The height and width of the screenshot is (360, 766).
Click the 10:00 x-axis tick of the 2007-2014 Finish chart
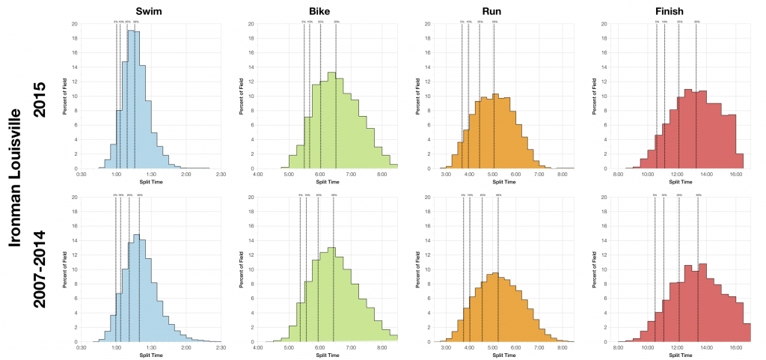[x=648, y=348]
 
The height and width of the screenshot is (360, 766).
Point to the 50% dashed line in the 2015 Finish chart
[x=696, y=97]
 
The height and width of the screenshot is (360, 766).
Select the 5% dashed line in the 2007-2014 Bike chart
[x=299, y=269]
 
